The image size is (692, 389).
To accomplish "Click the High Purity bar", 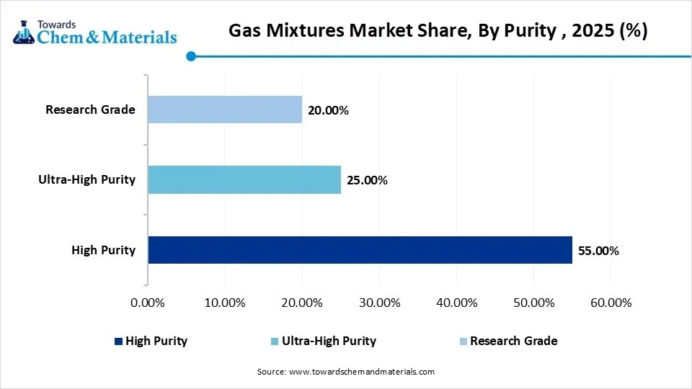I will [360, 250].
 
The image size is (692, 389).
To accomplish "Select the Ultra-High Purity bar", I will [244, 179].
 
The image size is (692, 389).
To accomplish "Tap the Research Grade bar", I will [225, 109].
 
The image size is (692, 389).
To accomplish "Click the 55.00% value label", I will [598, 251].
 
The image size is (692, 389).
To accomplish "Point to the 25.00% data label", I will [367, 180].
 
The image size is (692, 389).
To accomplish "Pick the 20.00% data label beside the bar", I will [328, 110].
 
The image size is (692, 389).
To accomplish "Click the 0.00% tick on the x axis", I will [148, 303].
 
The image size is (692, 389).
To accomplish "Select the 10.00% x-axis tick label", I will [225, 303].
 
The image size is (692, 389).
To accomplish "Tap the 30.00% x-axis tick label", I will [379, 303].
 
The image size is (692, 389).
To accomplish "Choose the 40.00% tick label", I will [456, 303].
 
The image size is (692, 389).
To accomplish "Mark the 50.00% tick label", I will [533, 303].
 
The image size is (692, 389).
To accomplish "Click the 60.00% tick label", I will [611, 303].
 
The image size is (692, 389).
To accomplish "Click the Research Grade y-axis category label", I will [90, 110].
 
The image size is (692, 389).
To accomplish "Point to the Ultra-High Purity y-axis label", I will [86, 179].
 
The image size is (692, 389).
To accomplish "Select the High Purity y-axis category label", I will [103, 250].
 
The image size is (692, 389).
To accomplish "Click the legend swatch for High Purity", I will [118, 341].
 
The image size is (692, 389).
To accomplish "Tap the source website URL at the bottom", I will [361, 372].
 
